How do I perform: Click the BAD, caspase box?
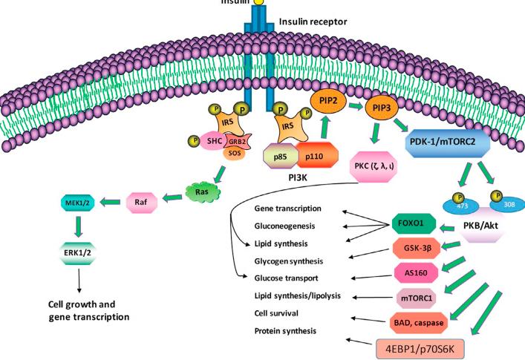[423, 323]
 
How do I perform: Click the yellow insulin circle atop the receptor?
[259, 3]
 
